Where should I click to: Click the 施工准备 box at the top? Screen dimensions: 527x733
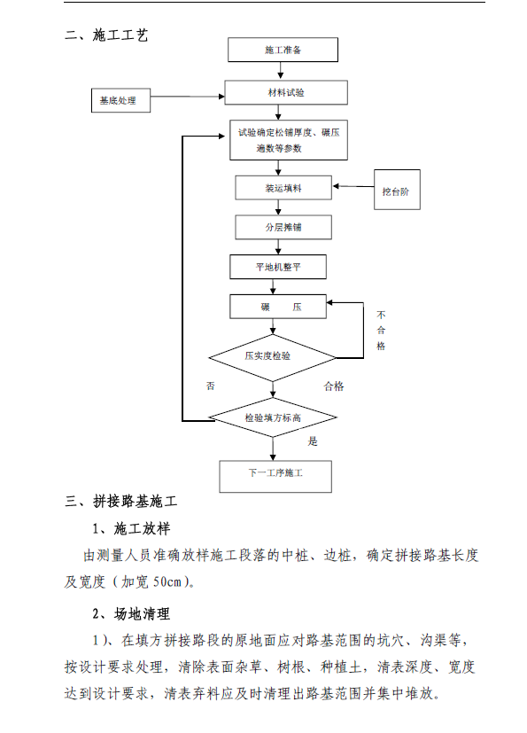point(283,50)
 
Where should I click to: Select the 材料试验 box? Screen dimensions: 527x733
point(286,92)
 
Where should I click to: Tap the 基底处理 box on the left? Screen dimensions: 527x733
point(120,100)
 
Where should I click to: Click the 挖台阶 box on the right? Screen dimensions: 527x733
point(397,190)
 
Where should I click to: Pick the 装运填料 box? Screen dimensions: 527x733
point(283,188)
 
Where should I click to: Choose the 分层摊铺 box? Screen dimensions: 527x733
point(283,227)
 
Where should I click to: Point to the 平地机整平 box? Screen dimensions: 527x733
point(278,267)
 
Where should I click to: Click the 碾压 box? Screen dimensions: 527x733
point(278,307)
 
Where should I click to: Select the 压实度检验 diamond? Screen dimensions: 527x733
point(273,357)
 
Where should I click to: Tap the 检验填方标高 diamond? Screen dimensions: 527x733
point(273,417)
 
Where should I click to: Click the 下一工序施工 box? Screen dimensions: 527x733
point(275,476)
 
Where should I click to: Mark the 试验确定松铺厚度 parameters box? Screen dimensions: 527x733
point(288,140)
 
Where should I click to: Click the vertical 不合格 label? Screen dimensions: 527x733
point(381,330)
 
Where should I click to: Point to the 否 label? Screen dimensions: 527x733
point(211,386)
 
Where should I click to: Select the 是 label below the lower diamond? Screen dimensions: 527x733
point(313,441)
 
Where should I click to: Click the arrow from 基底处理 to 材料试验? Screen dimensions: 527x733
point(188,97)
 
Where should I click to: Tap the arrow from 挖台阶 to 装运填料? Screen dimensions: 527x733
point(353,186)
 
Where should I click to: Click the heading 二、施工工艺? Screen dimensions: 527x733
point(106,35)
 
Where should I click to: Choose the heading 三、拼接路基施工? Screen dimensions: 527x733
point(121,502)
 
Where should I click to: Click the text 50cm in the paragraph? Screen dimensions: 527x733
point(167,582)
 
